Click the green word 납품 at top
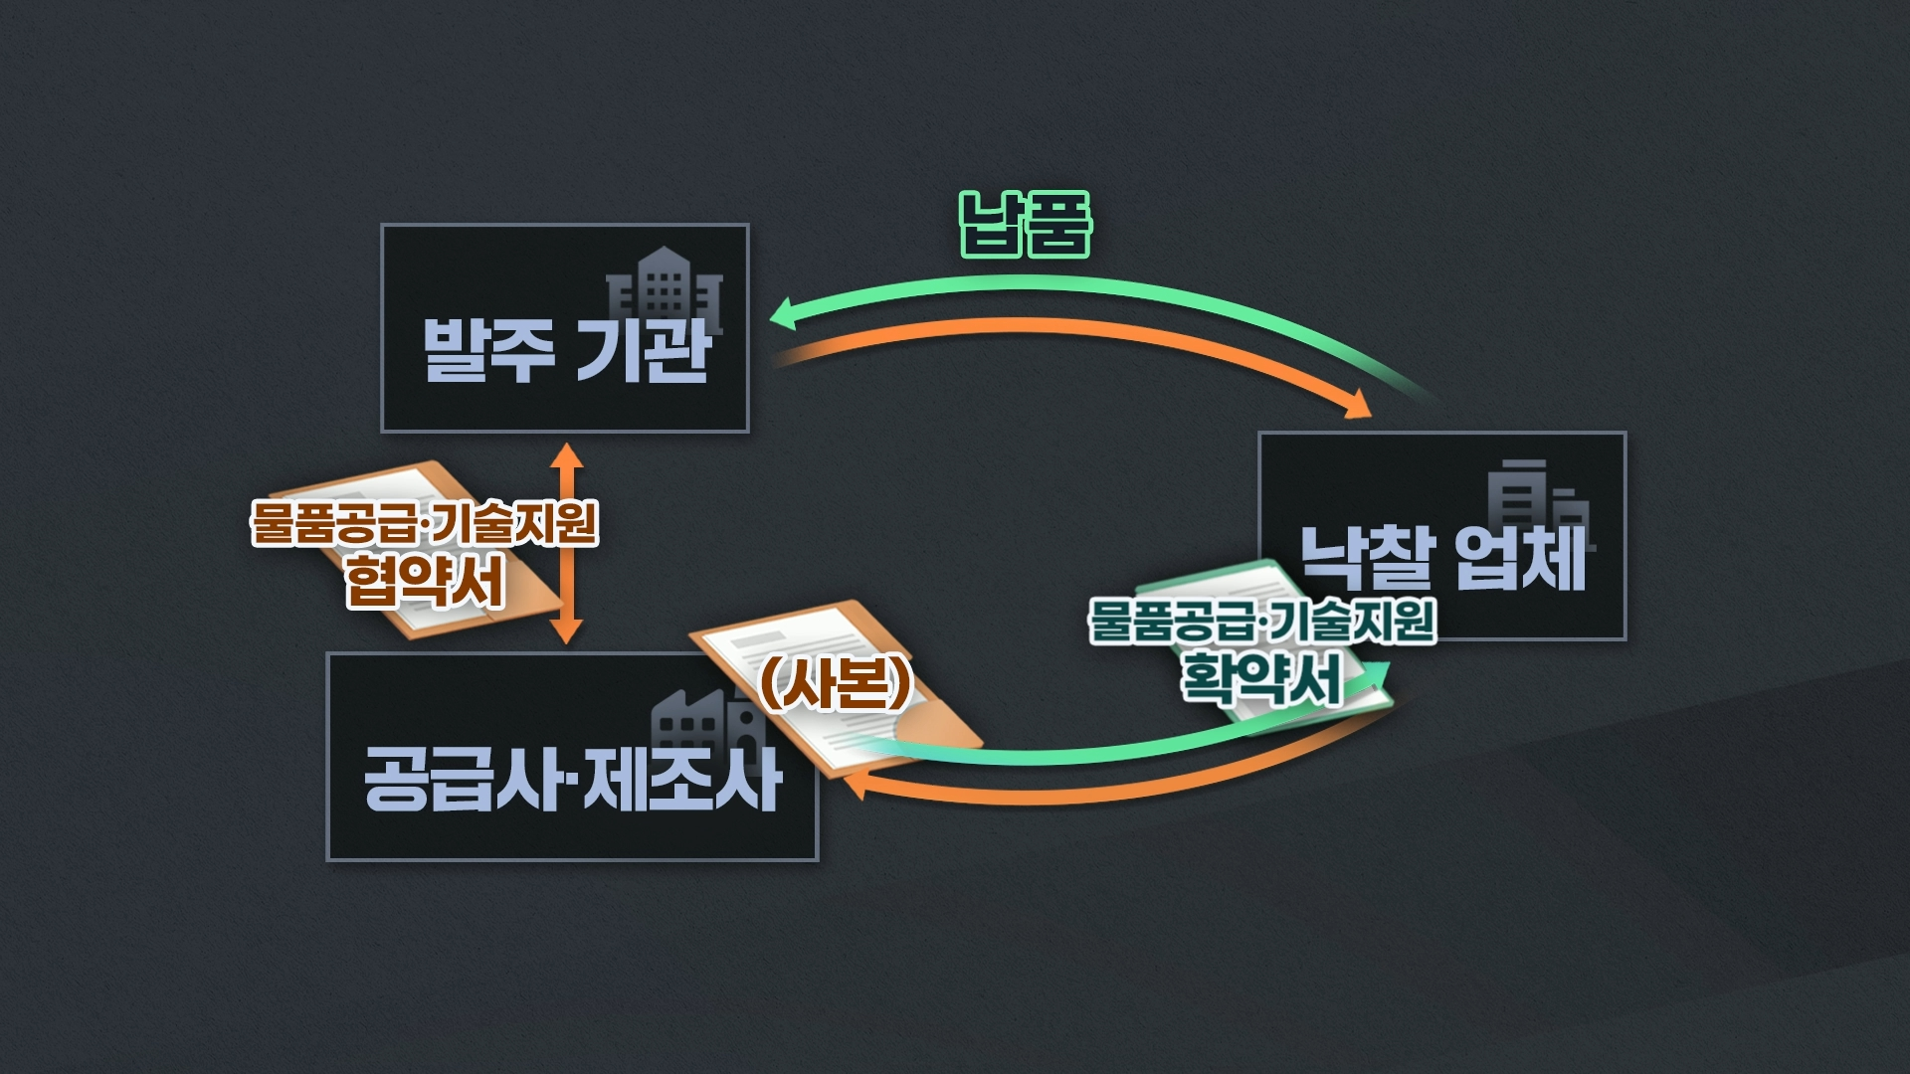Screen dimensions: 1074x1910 [x=1025, y=225]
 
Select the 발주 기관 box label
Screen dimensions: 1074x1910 [x=565, y=350]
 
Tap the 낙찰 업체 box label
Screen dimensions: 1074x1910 [x=1442, y=557]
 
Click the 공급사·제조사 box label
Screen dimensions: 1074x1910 [x=572, y=779]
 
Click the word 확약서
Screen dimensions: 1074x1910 [x=1261, y=678]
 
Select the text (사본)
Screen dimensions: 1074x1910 [x=836, y=683]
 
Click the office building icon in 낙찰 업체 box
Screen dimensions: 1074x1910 [x=1537, y=502]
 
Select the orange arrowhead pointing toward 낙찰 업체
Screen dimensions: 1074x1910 [x=1358, y=406]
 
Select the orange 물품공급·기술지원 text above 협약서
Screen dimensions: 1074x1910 [x=425, y=522]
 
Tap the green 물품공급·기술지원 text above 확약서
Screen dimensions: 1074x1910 [x=1261, y=620]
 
